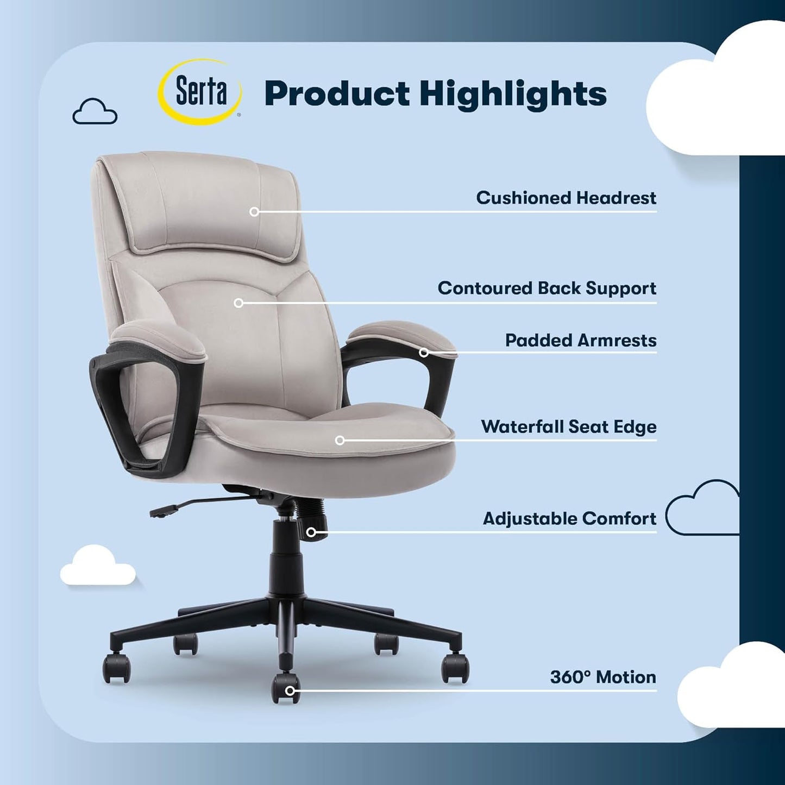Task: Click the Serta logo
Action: point(200,92)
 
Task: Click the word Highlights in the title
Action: point(513,95)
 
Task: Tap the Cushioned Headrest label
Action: point(566,198)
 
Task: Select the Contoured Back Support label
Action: point(547,288)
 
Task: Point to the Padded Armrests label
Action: point(580,340)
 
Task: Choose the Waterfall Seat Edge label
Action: point(568,426)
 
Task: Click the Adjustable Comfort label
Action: point(569,518)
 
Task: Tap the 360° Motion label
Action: point(602,677)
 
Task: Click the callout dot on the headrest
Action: point(254,212)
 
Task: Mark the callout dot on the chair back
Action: point(238,303)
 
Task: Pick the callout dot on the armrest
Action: point(424,353)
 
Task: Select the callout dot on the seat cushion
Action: point(340,440)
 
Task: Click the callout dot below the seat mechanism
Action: point(311,532)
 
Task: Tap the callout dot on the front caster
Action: point(290,691)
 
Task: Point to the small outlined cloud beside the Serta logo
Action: point(95,111)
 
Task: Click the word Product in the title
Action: point(337,93)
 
